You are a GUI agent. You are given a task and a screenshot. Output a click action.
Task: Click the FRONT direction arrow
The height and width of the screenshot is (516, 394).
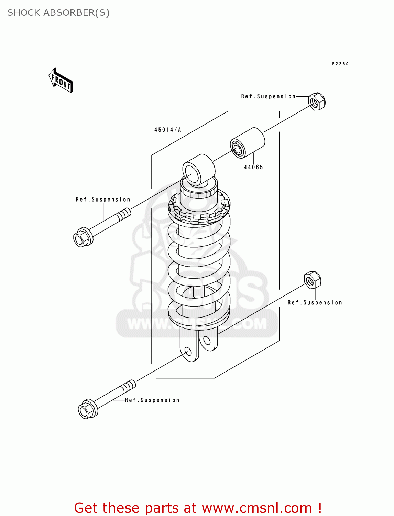[x=61, y=81]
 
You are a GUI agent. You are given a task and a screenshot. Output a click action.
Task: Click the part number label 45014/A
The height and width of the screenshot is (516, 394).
[x=167, y=130]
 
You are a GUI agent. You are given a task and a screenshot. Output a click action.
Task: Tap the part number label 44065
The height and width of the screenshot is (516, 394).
[x=253, y=167]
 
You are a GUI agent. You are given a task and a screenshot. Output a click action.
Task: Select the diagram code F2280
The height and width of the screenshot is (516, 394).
[x=340, y=64]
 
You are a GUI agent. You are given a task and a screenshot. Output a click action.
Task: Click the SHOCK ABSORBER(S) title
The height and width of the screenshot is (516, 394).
[x=58, y=13]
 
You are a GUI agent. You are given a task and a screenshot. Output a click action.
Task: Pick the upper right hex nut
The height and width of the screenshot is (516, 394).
[x=317, y=101]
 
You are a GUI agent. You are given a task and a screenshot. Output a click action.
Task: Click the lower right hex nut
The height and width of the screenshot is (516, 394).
[x=312, y=280]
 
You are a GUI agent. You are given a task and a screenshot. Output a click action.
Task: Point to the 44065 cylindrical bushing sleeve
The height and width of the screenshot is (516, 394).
[x=247, y=143]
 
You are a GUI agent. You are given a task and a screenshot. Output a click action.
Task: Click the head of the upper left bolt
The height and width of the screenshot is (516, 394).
[x=82, y=237]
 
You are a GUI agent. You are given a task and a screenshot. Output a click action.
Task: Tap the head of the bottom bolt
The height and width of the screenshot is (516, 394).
[x=87, y=409]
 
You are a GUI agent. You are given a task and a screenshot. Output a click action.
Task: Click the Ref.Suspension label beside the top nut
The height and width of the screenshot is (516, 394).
[x=268, y=96]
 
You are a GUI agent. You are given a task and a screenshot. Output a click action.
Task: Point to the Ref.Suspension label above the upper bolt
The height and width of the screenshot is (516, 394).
[x=103, y=200]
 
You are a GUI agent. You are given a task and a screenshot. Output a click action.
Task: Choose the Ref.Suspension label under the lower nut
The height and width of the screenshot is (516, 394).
[x=315, y=303]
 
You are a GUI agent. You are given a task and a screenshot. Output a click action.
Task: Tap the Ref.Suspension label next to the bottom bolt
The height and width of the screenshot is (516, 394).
[x=152, y=400]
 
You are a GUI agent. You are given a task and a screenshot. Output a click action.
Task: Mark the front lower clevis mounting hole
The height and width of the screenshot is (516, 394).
[x=188, y=352]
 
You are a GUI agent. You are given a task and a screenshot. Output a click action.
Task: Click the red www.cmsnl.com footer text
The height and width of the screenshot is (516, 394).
[x=198, y=508]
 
